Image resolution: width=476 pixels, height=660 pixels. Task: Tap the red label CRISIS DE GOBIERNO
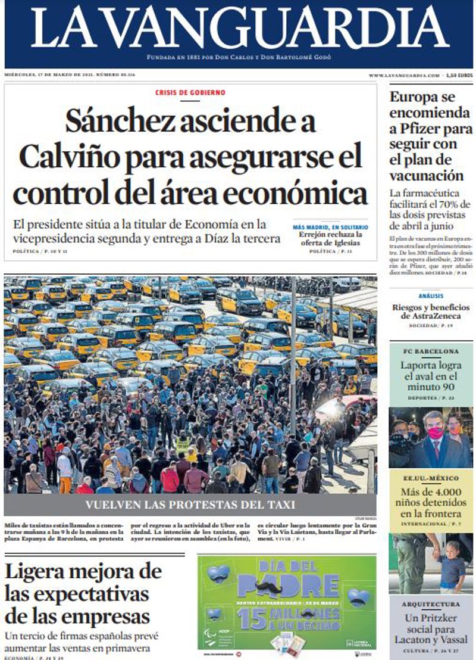click(190, 93)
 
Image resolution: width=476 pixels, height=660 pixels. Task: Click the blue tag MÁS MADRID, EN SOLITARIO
click(330, 227)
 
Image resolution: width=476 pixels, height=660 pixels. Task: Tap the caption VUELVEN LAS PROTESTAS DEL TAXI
click(190, 505)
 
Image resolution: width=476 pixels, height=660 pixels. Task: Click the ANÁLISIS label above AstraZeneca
click(431, 295)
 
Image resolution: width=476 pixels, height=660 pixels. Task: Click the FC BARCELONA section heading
click(431, 351)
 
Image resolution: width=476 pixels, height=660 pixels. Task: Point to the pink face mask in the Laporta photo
click(436, 432)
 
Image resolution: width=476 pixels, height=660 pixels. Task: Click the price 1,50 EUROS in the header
click(459, 76)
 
